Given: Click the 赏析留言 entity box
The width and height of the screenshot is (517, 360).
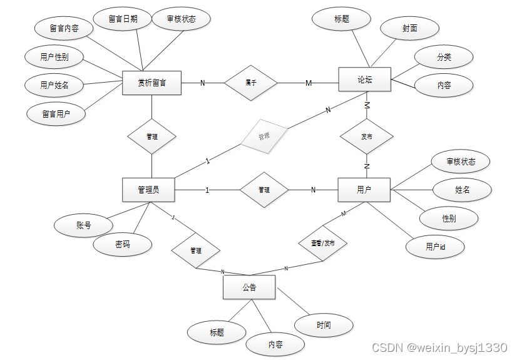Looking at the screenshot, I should click(x=151, y=83).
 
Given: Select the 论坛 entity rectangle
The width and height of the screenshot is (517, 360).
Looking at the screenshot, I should click(x=364, y=80).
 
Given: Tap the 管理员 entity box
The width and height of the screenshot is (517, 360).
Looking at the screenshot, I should click(x=148, y=190).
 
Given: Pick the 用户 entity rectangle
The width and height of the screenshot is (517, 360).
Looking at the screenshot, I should click(x=364, y=190).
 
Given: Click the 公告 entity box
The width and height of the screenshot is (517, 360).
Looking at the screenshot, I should click(x=249, y=288).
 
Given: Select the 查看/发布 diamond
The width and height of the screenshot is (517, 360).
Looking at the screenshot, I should click(x=323, y=242).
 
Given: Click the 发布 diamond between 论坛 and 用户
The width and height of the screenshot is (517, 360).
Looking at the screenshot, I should click(x=367, y=136).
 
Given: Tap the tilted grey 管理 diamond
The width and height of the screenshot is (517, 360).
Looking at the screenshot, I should click(x=264, y=135).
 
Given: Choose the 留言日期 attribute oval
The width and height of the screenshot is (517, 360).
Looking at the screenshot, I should click(x=123, y=19).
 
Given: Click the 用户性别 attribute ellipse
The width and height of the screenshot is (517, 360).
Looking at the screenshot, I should click(x=54, y=58).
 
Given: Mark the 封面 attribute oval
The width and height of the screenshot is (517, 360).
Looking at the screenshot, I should click(x=409, y=29).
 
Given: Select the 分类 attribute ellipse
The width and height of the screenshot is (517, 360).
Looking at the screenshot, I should click(x=444, y=58).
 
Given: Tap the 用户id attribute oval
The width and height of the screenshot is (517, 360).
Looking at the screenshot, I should click(x=435, y=247).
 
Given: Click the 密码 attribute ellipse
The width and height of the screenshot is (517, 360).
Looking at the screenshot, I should click(x=123, y=244).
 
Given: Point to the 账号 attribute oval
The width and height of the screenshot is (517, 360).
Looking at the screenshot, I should click(x=84, y=225).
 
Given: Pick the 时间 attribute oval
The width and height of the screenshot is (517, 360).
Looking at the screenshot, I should click(x=324, y=325).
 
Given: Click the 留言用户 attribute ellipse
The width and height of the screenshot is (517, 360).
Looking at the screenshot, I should click(x=56, y=114).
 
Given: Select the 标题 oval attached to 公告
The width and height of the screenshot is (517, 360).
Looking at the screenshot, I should click(x=217, y=332).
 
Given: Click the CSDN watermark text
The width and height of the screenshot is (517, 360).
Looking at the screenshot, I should click(x=439, y=347).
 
